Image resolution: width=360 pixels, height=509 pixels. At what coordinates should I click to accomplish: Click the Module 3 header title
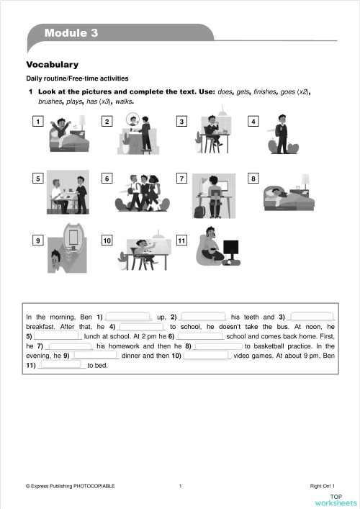pos(71,33)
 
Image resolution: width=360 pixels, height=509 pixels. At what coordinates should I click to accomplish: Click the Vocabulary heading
pos(52,65)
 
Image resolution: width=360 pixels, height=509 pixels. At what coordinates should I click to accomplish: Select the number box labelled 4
pos(253,121)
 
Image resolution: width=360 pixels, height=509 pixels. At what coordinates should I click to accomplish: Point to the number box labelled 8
pos(253,178)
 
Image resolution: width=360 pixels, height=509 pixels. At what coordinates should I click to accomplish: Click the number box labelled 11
pos(181,239)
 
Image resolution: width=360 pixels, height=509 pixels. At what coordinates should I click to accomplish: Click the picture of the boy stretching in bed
pos(69,134)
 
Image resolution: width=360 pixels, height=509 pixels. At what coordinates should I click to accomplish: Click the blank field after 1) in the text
pos(130,317)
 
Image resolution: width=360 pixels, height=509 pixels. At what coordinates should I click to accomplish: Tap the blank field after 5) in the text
pos(58,335)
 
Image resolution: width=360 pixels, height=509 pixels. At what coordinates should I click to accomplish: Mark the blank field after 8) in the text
pos(218,346)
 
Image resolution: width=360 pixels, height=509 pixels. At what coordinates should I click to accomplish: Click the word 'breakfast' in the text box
pos(40,326)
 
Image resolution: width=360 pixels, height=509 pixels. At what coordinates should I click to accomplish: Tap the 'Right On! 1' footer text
pos(323,487)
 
